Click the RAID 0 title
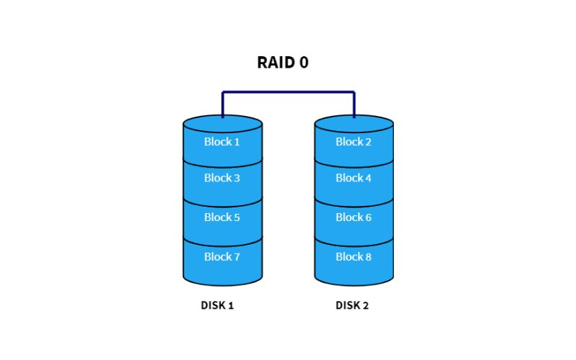pyautogui.click(x=283, y=63)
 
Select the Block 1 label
pyautogui.click(x=222, y=142)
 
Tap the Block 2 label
pyautogui.click(x=354, y=142)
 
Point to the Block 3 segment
pyautogui.click(x=222, y=179)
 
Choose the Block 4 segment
pyautogui.click(x=354, y=179)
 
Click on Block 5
pyautogui.click(x=222, y=217)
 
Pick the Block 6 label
pyautogui.click(x=354, y=217)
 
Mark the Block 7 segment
pyautogui.click(x=222, y=257)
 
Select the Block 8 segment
pyautogui.click(x=354, y=257)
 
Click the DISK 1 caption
pyautogui.click(x=217, y=305)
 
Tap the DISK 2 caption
pyautogui.click(x=352, y=305)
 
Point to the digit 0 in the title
pyautogui.click(x=304, y=63)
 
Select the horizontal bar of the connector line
pyautogui.click(x=288, y=92)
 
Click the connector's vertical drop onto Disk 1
pyautogui.click(x=222, y=104)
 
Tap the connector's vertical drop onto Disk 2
pyautogui.click(x=354, y=104)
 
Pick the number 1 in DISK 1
pyautogui.click(x=231, y=305)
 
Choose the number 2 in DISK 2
pyautogui.click(x=366, y=305)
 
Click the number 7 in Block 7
pyautogui.click(x=236, y=257)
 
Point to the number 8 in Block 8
pyautogui.click(x=368, y=257)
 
